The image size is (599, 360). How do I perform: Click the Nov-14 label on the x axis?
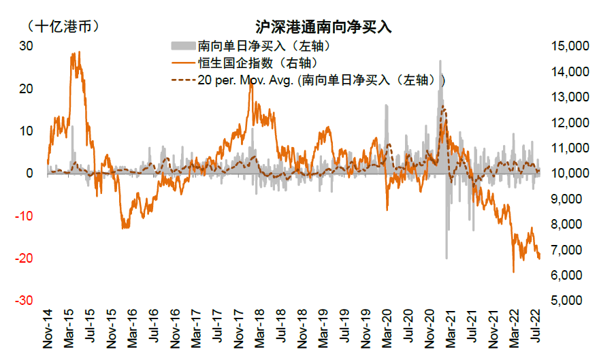(x=48, y=330)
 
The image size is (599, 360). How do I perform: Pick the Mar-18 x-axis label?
(x=261, y=330)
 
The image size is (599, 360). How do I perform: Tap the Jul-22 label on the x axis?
(x=538, y=330)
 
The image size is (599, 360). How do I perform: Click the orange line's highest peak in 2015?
(x=79, y=52)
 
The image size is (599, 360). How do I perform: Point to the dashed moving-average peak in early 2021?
(x=443, y=107)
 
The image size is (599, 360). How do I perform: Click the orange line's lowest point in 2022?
(x=513, y=272)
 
